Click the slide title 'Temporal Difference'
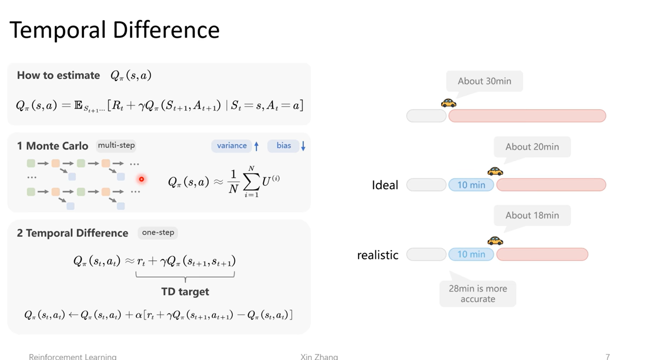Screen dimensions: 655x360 click(114, 30)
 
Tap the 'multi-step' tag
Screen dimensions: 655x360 click(116, 145)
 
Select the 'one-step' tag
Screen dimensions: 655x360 click(158, 232)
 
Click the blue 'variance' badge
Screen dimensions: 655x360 click(232, 145)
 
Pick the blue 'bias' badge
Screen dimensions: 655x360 click(283, 145)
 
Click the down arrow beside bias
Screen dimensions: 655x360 click(303, 146)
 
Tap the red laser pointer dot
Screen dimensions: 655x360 click(142, 179)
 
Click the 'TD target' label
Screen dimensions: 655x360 click(185, 291)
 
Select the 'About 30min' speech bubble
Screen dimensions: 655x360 click(484, 81)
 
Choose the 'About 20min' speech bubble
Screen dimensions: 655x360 click(532, 147)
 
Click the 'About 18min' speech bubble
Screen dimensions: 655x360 click(532, 215)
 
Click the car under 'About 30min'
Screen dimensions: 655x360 click(448, 102)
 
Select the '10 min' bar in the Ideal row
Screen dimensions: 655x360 click(471, 185)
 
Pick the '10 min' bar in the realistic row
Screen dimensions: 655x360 click(471, 254)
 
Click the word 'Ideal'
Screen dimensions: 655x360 click(385, 185)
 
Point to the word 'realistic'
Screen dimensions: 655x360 click(378, 255)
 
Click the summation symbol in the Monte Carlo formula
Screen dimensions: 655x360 click(251, 182)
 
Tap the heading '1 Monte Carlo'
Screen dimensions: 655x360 click(53, 146)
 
